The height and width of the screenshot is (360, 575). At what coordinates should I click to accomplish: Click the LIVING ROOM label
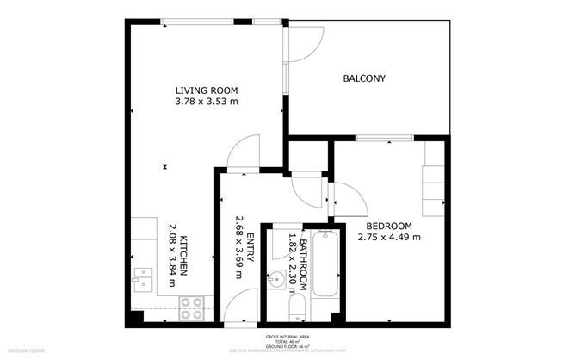(206, 90)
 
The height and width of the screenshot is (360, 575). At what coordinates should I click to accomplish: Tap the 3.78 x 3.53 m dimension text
(206, 102)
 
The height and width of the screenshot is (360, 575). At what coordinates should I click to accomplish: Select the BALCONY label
(364, 79)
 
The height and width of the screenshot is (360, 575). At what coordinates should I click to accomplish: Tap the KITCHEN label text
(183, 257)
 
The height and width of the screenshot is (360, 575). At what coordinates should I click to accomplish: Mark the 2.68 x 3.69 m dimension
(238, 247)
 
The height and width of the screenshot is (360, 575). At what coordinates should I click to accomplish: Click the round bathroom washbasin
(278, 280)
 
